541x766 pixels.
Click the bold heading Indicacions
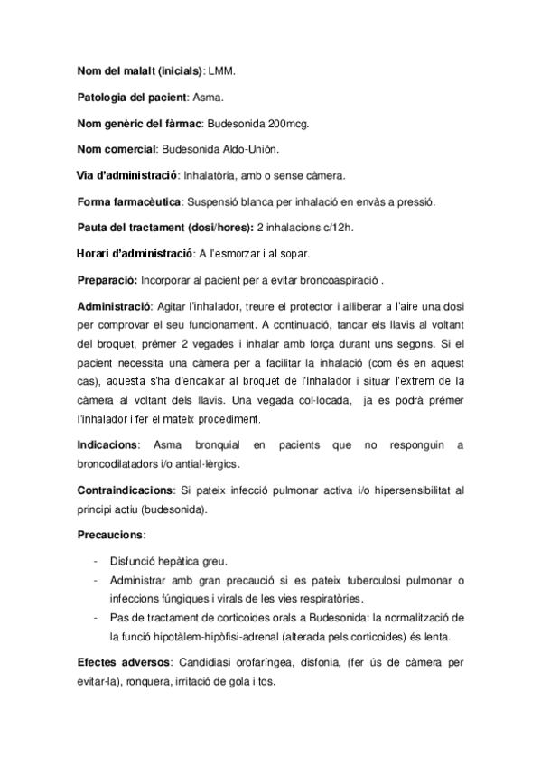point(108,444)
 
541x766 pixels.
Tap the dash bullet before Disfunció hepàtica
point(96,560)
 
